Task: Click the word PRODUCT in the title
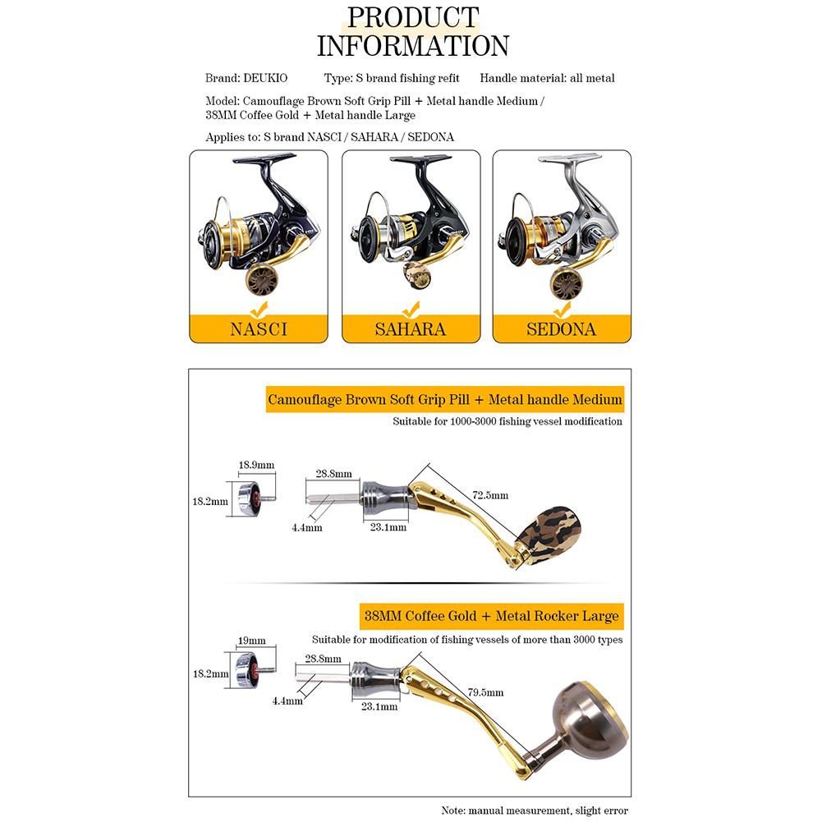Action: (x=413, y=16)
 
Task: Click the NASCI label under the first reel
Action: (x=259, y=329)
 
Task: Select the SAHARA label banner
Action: (x=410, y=329)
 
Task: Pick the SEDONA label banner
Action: (x=562, y=329)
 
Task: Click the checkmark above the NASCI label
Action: (x=259, y=310)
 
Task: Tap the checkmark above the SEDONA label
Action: (x=562, y=310)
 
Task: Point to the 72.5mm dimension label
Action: (x=490, y=495)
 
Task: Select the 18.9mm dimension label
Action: (x=255, y=465)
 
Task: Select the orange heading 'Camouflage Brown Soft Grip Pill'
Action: (x=444, y=400)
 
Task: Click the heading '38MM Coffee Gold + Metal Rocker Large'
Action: (x=491, y=615)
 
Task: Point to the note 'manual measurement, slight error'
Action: (x=535, y=810)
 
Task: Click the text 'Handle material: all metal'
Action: (x=547, y=78)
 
